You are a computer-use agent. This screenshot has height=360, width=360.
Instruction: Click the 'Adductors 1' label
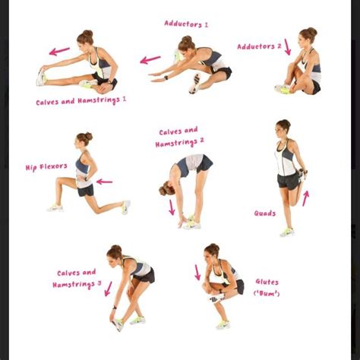(x=186, y=24)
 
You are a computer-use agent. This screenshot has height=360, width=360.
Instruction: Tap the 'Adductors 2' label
(x=259, y=46)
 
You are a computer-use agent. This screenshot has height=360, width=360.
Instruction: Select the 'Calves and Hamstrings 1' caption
(x=81, y=100)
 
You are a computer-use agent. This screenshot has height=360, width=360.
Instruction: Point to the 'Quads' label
(x=265, y=213)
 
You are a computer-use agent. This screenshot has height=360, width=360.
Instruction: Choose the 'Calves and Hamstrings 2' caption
(x=179, y=137)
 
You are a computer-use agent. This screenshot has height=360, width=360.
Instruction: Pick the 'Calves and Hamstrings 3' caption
(x=77, y=278)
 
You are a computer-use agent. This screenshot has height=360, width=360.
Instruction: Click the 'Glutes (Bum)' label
(x=267, y=287)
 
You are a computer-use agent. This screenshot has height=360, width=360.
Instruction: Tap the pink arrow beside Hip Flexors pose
(x=104, y=182)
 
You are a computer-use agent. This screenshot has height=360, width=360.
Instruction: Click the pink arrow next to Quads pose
(x=305, y=198)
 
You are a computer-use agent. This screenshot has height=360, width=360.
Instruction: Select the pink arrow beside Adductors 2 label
(x=288, y=46)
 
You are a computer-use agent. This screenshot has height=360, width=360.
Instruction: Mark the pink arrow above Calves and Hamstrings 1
(x=59, y=52)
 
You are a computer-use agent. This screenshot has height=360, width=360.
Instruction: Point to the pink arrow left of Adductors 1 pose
(x=150, y=58)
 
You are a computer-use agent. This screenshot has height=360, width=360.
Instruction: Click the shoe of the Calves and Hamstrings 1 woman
(x=40, y=77)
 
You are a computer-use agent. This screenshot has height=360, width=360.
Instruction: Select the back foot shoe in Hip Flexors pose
(x=126, y=207)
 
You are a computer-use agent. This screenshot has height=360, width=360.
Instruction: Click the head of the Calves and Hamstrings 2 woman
(x=167, y=190)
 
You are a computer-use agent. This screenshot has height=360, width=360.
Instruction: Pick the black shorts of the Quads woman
(x=288, y=180)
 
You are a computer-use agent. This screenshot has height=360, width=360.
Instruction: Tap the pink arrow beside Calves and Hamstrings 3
(x=109, y=288)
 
